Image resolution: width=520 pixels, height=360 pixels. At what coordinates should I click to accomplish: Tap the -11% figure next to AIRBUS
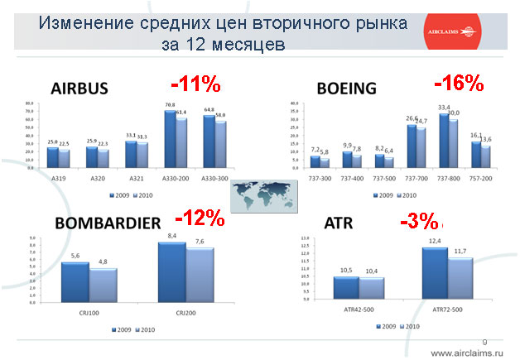[195, 84]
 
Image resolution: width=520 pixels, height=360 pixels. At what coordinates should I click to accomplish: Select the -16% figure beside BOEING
[459, 83]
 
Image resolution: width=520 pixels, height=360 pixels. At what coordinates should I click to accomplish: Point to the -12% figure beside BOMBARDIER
[200, 218]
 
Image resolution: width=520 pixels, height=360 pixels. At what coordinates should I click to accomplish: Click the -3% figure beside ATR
[420, 222]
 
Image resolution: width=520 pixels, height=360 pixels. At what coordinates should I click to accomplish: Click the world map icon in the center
[258, 190]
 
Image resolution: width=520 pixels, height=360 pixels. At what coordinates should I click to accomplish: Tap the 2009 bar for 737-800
[444, 140]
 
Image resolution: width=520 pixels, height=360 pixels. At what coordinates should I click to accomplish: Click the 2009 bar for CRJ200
[172, 271]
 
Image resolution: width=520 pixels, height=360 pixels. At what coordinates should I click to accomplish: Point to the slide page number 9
[484, 341]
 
